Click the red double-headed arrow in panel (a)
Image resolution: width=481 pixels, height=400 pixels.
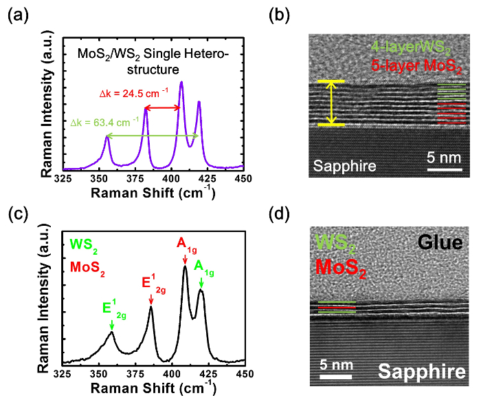[162, 108]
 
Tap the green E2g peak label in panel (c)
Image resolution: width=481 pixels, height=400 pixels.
[111, 310]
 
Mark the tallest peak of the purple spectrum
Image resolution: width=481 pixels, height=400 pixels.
[181, 83]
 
